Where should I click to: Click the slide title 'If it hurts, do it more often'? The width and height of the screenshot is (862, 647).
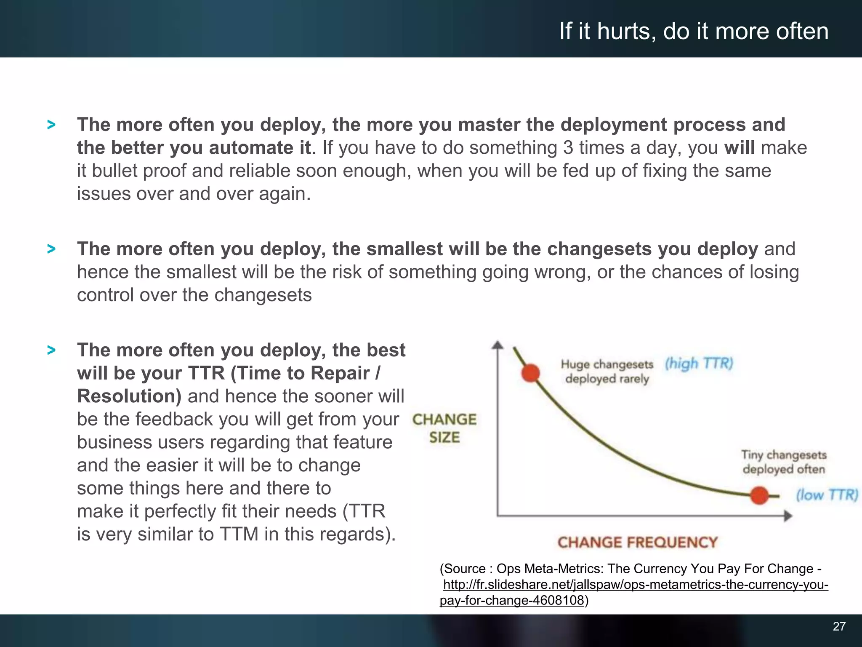coord(694,31)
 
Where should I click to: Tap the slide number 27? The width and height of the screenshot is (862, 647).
coord(839,626)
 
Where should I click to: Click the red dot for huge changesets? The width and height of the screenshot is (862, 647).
coord(530,373)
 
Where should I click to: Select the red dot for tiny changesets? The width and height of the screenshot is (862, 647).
coord(759,495)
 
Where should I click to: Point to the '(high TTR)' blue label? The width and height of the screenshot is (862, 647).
coord(699,363)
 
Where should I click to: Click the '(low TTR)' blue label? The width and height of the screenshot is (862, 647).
coord(827,495)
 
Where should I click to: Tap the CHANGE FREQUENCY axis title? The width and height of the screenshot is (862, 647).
coord(637,542)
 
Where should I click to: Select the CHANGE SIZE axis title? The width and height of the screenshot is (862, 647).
coord(444,428)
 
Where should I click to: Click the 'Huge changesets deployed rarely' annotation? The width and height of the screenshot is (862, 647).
coord(607,372)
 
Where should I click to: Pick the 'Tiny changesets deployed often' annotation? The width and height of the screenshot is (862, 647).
coord(784,462)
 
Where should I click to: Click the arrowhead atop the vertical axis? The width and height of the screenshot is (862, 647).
coord(498,345)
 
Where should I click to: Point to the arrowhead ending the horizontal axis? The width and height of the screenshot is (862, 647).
coord(788,516)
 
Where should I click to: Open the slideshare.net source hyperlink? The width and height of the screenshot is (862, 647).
coord(636,585)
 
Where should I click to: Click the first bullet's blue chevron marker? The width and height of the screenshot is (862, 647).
coord(51,125)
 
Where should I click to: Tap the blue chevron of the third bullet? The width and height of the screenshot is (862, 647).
coord(51,350)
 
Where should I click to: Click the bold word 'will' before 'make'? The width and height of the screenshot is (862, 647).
coord(739,148)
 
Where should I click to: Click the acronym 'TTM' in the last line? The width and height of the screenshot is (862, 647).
coord(239,534)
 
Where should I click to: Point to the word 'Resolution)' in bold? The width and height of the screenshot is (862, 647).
coord(129,396)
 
